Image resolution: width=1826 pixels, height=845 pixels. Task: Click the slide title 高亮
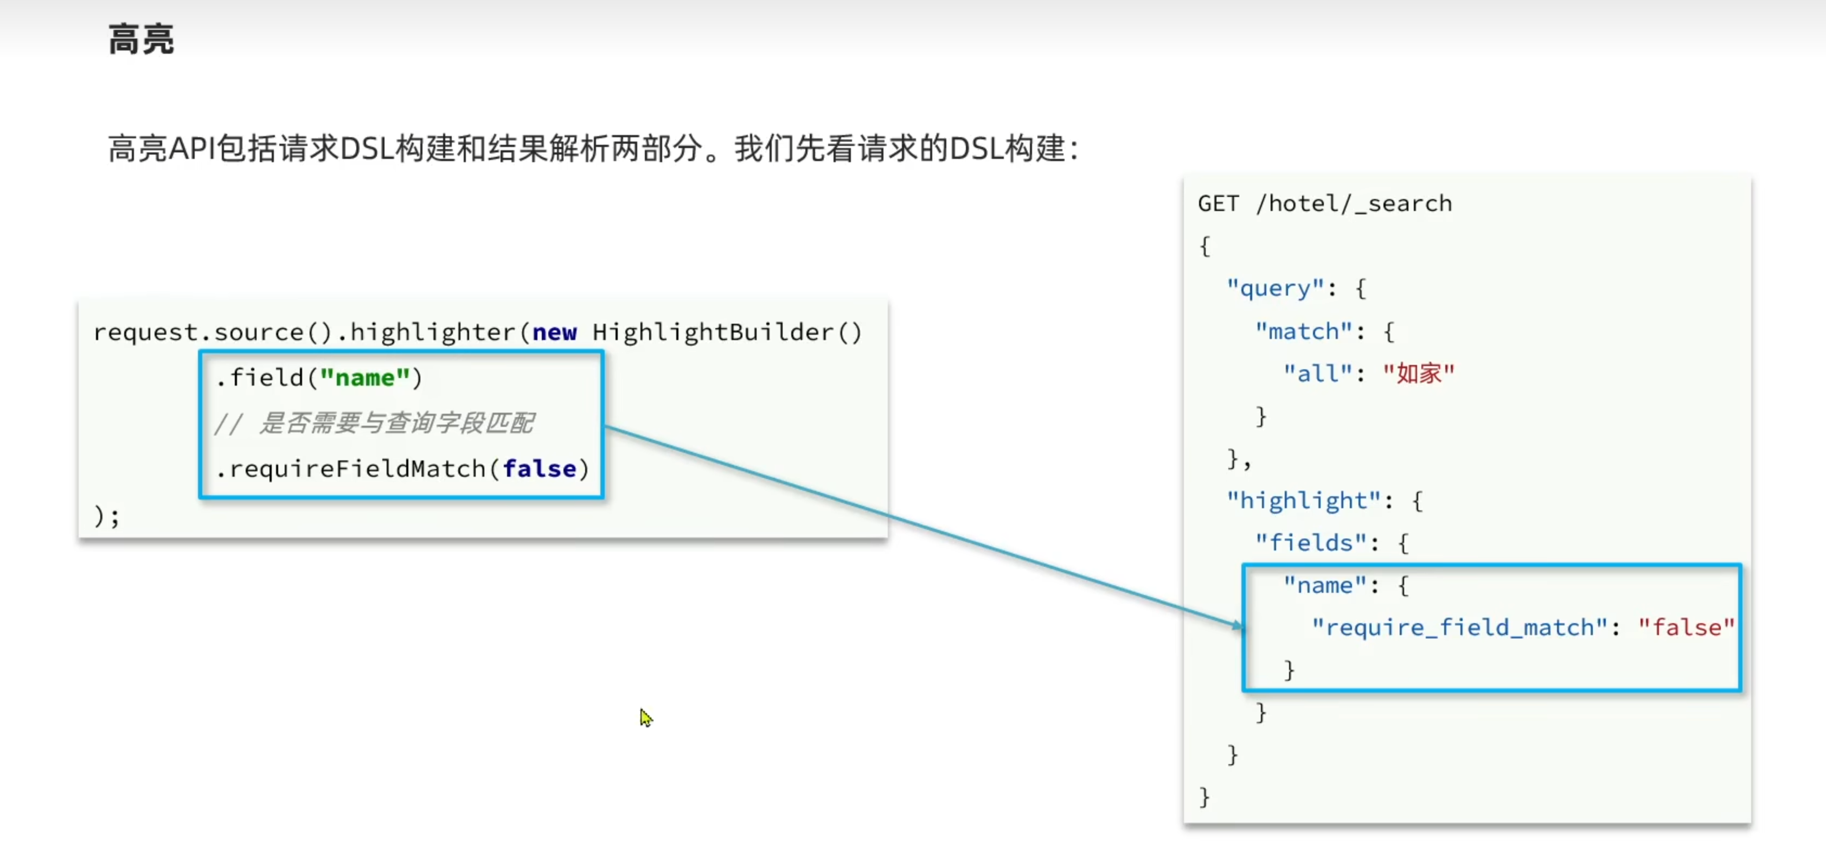click(141, 40)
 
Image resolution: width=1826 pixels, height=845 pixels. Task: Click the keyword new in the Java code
click(554, 332)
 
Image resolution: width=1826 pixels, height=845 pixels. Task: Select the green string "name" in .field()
click(365, 378)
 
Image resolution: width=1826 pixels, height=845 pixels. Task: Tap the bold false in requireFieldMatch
click(540, 469)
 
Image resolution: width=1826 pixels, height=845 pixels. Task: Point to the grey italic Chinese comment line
click(375, 423)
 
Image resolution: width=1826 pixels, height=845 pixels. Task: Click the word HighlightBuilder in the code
click(713, 332)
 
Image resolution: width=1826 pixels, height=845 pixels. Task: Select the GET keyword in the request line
click(1218, 204)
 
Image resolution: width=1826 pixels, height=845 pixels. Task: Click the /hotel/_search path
click(1353, 204)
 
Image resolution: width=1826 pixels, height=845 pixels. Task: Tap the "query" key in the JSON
click(1274, 289)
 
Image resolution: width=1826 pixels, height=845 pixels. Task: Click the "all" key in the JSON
click(1318, 374)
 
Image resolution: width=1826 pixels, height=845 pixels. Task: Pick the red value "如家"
click(1418, 374)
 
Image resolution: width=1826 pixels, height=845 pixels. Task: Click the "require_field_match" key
click(1459, 628)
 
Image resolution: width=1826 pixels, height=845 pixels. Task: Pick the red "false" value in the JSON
click(1686, 628)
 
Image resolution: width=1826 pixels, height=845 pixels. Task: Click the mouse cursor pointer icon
click(645, 718)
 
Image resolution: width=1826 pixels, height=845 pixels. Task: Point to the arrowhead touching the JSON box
click(1238, 625)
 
